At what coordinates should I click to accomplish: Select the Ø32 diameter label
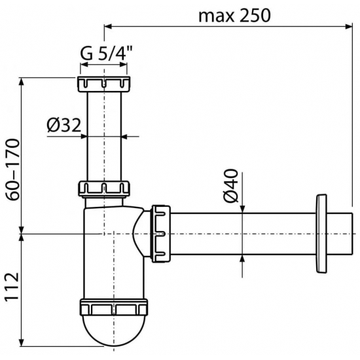point(63,125)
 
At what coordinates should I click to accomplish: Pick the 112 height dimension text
point(11,288)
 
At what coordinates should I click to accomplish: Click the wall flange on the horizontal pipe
point(321,232)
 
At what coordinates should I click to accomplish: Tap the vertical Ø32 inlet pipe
point(104,137)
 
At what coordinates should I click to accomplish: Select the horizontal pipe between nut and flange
point(242,232)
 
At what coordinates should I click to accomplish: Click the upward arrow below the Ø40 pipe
point(243,259)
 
